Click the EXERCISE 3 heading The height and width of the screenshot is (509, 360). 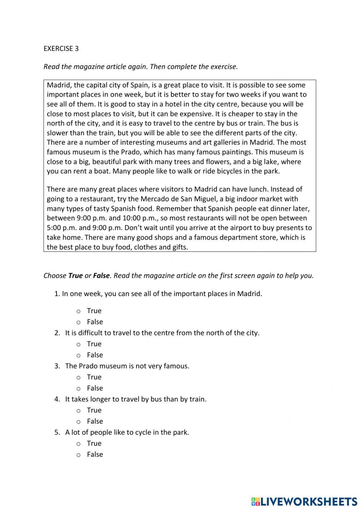pos(61,49)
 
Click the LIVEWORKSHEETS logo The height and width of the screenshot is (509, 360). pos(304,501)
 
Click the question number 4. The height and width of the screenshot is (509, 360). pos(57,399)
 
